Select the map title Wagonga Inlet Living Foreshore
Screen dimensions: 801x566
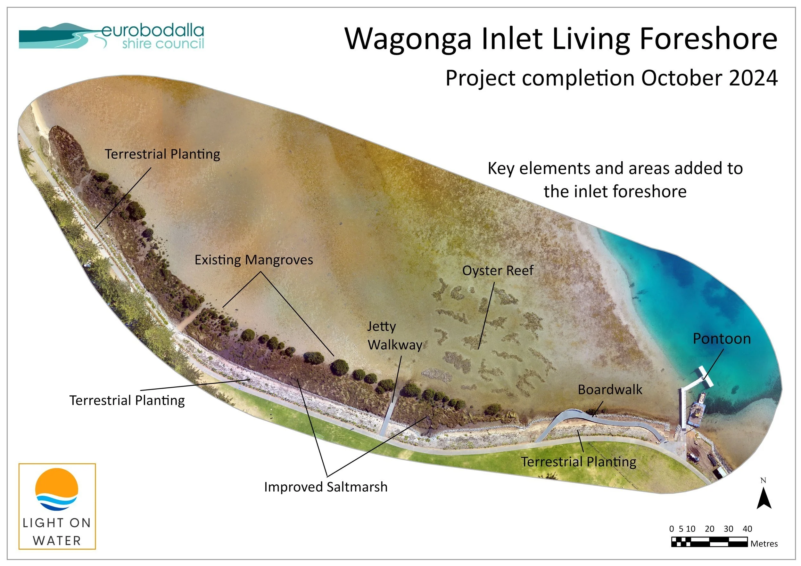point(561,39)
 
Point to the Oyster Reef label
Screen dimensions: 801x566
point(498,271)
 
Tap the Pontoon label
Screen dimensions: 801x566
point(722,339)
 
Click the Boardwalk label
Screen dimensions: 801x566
point(610,390)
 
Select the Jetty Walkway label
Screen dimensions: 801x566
point(394,336)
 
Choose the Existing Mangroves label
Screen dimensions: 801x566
point(254,260)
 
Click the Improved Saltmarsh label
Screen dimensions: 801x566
point(326,487)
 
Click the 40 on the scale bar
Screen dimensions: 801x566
point(747,529)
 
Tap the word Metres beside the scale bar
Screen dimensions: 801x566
point(764,544)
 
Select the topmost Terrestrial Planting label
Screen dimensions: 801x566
point(162,154)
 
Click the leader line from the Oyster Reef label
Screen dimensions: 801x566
point(486,315)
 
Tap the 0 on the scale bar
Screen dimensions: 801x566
point(672,529)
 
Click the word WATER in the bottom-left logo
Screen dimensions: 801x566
point(57,541)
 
